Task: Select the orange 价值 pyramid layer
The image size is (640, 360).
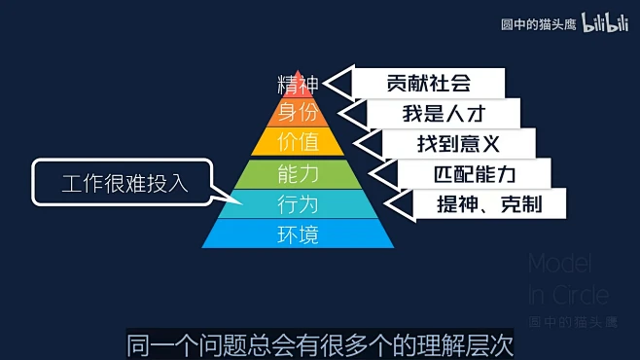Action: click(298, 142)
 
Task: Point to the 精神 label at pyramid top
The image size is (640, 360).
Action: click(298, 84)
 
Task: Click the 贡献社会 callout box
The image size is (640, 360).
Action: click(428, 83)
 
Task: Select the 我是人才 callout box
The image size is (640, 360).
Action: click(443, 113)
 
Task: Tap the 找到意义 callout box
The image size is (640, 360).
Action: click(458, 144)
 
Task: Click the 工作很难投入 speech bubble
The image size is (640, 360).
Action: click(123, 182)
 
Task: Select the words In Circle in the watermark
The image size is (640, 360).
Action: click(569, 294)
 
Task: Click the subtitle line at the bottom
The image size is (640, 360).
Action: click(320, 343)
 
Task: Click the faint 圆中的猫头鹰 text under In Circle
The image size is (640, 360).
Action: click(572, 322)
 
